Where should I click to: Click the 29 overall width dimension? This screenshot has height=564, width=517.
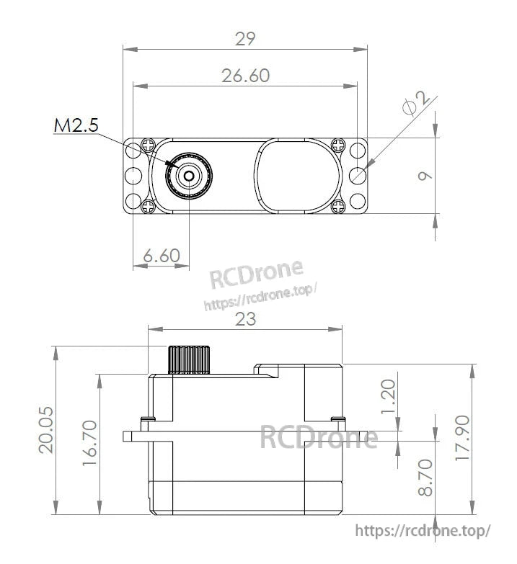point(245,39)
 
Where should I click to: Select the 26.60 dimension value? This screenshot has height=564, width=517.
point(246,76)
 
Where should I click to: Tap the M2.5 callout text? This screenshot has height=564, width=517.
point(76,125)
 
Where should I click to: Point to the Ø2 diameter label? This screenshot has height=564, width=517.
point(416,104)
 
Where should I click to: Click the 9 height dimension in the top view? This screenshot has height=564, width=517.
point(425,176)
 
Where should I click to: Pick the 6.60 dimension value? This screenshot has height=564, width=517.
point(162,256)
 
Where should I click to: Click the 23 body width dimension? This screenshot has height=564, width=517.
point(246,318)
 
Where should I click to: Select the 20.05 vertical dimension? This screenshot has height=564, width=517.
point(46,430)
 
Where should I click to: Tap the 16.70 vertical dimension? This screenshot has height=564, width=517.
point(89,443)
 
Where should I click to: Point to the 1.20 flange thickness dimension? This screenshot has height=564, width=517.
point(388,396)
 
